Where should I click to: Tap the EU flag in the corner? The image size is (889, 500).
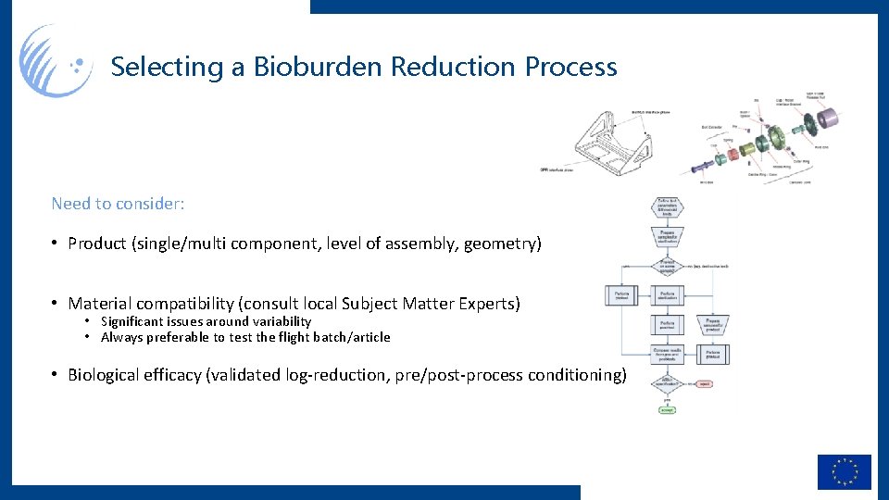pos(844,471)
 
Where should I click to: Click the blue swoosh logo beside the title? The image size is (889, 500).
pos(56,61)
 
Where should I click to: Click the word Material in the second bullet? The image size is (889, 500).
pos(101,304)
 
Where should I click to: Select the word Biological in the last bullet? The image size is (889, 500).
pos(106,375)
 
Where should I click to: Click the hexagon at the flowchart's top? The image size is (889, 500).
pos(668,206)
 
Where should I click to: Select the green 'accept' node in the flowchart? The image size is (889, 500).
pos(667,409)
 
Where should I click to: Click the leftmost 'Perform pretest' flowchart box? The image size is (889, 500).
pos(620,296)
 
